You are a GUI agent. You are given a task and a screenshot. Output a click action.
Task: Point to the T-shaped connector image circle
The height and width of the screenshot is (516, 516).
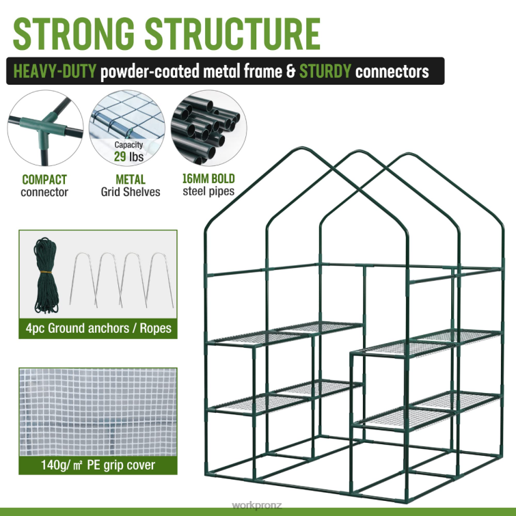(x=45, y=128)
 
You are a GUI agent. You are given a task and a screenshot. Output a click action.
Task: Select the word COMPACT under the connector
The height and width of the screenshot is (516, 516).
(x=44, y=180)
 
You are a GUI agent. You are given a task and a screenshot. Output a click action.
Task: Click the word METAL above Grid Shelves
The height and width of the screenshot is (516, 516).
(x=129, y=180)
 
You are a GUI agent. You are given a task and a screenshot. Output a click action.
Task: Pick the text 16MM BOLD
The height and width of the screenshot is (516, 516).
(x=208, y=179)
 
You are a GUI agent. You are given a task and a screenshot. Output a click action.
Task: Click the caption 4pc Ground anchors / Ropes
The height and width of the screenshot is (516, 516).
(x=97, y=329)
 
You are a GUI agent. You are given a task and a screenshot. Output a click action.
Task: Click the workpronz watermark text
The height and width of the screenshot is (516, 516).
(x=256, y=506)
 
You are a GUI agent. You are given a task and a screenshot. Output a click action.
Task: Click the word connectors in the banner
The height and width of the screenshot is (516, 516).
(x=398, y=72)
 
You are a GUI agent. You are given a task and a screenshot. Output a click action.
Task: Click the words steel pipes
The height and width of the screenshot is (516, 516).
(x=208, y=191)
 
